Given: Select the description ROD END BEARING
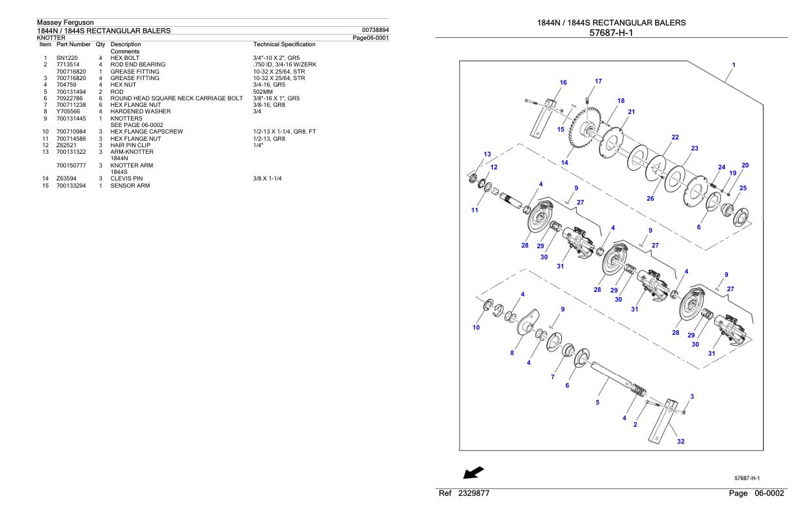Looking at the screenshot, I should (x=138, y=64).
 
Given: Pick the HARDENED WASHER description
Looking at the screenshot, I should (x=141, y=111).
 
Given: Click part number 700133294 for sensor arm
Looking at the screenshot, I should (x=71, y=186).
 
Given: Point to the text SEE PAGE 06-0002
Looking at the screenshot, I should (x=137, y=125).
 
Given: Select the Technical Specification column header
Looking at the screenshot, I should (x=284, y=44).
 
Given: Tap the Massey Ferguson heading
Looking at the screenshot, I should (x=66, y=23).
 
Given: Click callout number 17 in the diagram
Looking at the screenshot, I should (x=598, y=81).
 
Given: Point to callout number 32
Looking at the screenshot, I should (x=680, y=441).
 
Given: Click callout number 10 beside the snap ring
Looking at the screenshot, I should (x=476, y=327).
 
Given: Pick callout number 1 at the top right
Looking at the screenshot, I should (x=734, y=65).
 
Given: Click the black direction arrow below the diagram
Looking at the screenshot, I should (x=473, y=471).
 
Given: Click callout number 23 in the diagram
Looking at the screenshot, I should (x=694, y=149).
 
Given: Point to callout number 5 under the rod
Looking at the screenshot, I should (x=597, y=402).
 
